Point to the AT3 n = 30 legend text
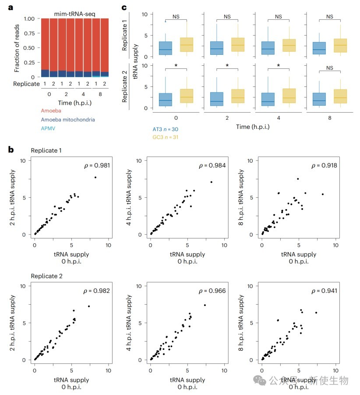166,129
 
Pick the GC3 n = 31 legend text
166,137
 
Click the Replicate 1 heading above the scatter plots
46,150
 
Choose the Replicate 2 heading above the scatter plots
46,276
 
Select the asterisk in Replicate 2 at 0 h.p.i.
176,66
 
